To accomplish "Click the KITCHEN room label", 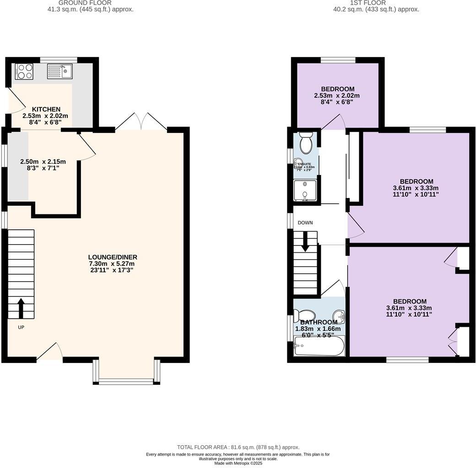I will coord(46,109).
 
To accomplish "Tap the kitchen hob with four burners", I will coord(24,72).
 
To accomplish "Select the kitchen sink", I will coord(60,71).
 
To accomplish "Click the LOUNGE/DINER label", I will coord(113,257).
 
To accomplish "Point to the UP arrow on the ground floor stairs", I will coord(21,308).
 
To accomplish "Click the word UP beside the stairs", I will coord(21,327).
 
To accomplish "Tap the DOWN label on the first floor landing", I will coord(305,223).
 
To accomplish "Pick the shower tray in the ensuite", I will coord(305,191).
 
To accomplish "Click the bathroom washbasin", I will coord(339,316).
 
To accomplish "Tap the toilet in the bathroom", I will coord(304,316).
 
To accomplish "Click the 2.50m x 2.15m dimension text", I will coord(43,162).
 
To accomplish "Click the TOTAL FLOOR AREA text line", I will coord(238,447).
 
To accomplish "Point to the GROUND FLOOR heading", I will coord(91,3).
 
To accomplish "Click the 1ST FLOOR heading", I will coord(376,3).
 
